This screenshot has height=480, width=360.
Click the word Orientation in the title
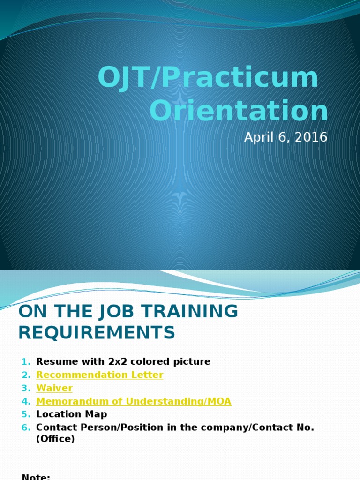click(x=239, y=111)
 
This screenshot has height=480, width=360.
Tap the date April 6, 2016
click(x=285, y=138)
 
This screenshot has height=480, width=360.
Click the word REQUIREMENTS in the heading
click(x=97, y=332)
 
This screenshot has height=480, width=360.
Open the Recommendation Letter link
click(x=99, y=375)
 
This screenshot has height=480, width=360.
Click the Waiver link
click(x=54, y=388)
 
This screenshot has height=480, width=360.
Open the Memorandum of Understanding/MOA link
click(x=134, y=401)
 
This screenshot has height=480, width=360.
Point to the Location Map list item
click(x=71, y=414)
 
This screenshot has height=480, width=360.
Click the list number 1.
click(x=25, y=362)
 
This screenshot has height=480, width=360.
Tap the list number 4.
click(x=25, y=401)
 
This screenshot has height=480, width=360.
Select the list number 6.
click(x=25, y=427)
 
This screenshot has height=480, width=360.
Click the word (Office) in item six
click(x=55, y=440)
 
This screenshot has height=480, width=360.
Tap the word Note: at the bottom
click(x=36, y=477)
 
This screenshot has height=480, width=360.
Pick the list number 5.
click(x=25, y=414)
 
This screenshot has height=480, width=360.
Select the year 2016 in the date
click(x=311, y=138)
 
